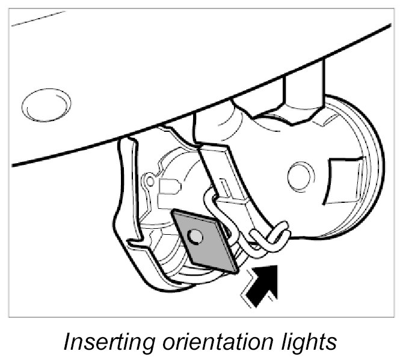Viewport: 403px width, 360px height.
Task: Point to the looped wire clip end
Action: [x=277, y=236]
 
